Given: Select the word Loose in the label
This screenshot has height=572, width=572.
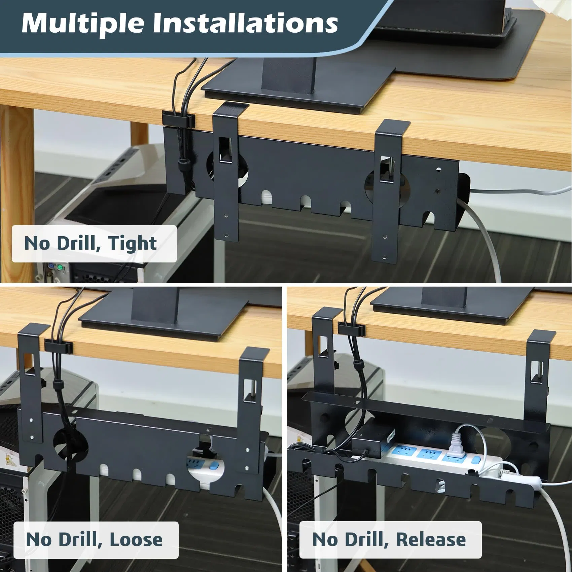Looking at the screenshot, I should pos(136,539).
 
